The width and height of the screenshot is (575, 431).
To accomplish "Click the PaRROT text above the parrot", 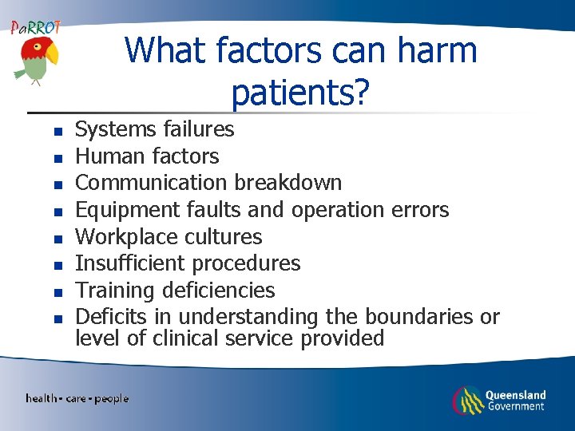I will (x=35, y=28).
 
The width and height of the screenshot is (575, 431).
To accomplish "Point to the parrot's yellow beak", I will (x=51, y=54).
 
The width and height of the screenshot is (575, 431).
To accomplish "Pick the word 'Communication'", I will (x=151, y=183).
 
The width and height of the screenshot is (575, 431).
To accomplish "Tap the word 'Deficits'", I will (x=113, y=317).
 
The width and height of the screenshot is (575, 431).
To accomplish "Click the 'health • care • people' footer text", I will (x=77, y=398).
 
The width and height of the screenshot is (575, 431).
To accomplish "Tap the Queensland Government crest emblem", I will (x=467, y=400).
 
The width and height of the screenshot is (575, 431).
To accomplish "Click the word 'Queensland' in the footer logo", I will (x=515, y=394).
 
